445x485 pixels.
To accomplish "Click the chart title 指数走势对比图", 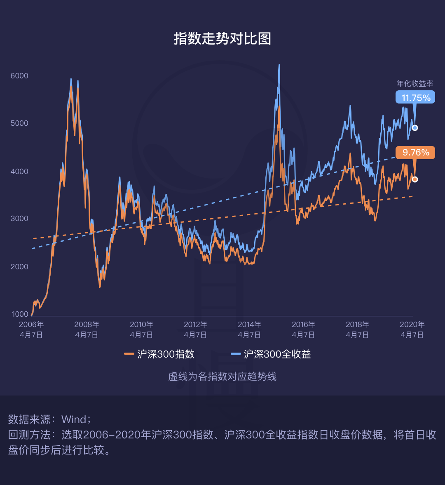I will click(x=222, y=39).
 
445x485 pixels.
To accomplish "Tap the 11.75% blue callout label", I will click(x=416, y=98).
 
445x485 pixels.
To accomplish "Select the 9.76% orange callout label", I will click(x=416, y=153).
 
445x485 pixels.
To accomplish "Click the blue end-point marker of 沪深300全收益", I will click(x=415, y=128).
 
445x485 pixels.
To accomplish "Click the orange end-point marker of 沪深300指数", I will click(x=415, y=179).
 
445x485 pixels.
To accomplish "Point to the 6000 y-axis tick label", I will click(x=20, y=76).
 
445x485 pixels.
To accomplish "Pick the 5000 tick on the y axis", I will click(x=20, y=123).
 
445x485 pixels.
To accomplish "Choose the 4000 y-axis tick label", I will click(x=20, y=171).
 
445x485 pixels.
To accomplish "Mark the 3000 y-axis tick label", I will click(x=20, y=219).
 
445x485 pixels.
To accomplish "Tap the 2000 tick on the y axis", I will click(x=20, y=267).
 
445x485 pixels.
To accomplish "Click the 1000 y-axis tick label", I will click(x=20, y=314).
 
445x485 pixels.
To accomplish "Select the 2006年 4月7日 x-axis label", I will click(x=31, y=330).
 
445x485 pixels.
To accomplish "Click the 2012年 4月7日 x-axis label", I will click(x=195, y=330).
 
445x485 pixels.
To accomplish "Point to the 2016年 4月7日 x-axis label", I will click(x=303, y=330).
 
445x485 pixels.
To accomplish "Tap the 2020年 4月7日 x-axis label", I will click(x=412, y=330).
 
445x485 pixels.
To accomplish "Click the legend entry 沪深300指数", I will click(x=160, y=354).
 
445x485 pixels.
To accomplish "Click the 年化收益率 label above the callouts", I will click(x=415, y=84).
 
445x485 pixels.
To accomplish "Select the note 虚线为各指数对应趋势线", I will click(x=222, y=377).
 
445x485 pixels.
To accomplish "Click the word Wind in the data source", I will click(x=74, y=420).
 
